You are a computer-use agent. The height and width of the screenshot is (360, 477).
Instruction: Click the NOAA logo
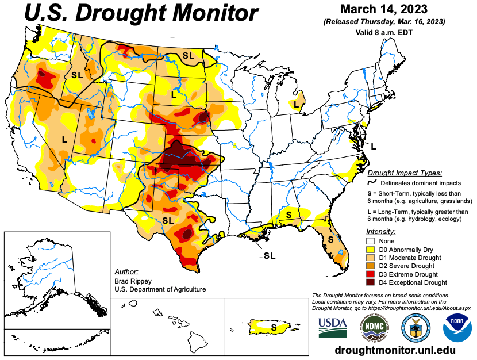457,326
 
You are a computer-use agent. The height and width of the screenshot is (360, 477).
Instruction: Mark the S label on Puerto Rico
274,327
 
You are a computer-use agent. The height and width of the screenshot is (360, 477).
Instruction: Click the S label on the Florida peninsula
331,238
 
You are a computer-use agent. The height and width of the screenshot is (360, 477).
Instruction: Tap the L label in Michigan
296,104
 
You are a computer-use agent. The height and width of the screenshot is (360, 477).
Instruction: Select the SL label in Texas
168,220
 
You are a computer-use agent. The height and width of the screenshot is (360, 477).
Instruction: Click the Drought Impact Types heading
405,173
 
